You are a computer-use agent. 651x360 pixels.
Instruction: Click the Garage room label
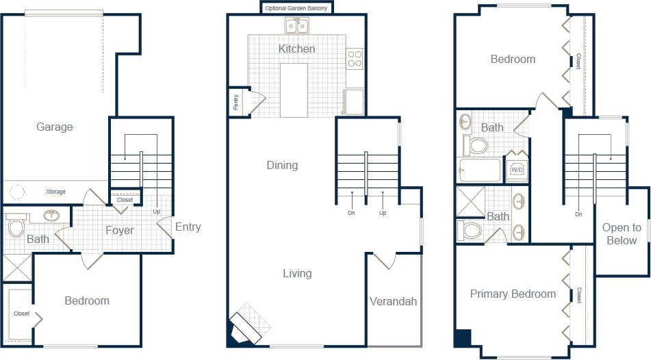pos(55,127)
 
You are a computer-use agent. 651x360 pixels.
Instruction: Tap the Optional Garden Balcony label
pos(297,8)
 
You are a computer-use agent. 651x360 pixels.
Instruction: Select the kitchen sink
pos(297,26)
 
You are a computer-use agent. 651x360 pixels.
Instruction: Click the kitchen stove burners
pos(355,59)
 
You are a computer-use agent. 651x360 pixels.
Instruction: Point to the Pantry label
pos(236,102)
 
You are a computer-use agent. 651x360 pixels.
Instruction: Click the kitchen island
pos(294,90)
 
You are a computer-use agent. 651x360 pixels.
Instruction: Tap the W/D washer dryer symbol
pos(517,170)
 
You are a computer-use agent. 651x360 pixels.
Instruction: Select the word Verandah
pos(393,301)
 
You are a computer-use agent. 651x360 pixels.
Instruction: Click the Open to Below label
pos(622,234)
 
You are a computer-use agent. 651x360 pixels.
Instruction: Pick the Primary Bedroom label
pos(513,294)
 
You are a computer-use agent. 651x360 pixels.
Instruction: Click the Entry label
pos(188,227)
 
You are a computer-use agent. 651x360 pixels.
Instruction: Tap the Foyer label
pos(119,230)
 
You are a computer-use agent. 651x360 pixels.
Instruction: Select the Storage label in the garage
pos(56,192)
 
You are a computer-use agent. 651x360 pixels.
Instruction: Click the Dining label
pos(282,165)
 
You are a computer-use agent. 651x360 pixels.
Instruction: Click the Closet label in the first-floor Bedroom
pos(21,313)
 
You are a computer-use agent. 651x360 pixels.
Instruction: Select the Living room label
pos(297,273)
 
